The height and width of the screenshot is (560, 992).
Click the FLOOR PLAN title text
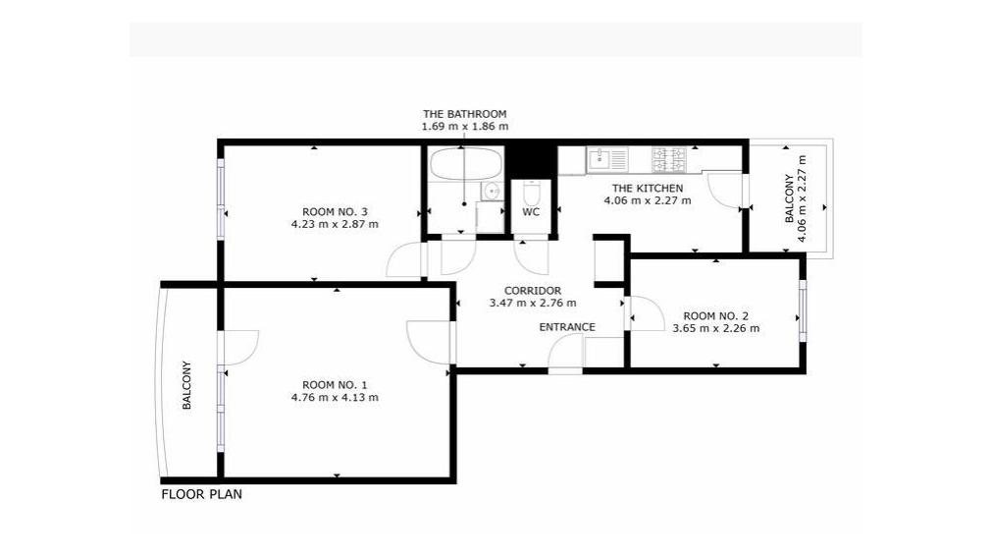pos(202,494)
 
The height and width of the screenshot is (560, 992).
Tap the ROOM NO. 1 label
pos(335,385)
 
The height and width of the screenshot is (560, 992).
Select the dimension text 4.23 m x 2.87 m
pos(335,224)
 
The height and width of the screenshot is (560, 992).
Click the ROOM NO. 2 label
pos(716,316)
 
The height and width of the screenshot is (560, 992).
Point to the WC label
pos(531,212)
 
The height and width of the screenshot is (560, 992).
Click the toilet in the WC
pos(531,192)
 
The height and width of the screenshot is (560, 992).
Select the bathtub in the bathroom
pos(466,165)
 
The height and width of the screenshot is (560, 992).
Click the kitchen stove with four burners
pos(669,159)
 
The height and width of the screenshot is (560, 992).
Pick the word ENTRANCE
pos(567,327)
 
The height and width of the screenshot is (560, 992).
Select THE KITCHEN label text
pos(648,189)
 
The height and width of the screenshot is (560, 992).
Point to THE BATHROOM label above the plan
pos(465,114)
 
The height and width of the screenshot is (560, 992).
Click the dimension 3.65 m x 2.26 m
pos(716,329)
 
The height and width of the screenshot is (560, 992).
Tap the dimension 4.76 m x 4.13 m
pos(335,398)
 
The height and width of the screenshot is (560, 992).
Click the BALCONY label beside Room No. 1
pos(186,385)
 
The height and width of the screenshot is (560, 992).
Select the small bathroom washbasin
pos(490,191)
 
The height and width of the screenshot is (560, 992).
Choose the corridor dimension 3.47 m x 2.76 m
pos(533,304)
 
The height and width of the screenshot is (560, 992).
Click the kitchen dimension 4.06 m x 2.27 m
pos(648,200)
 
